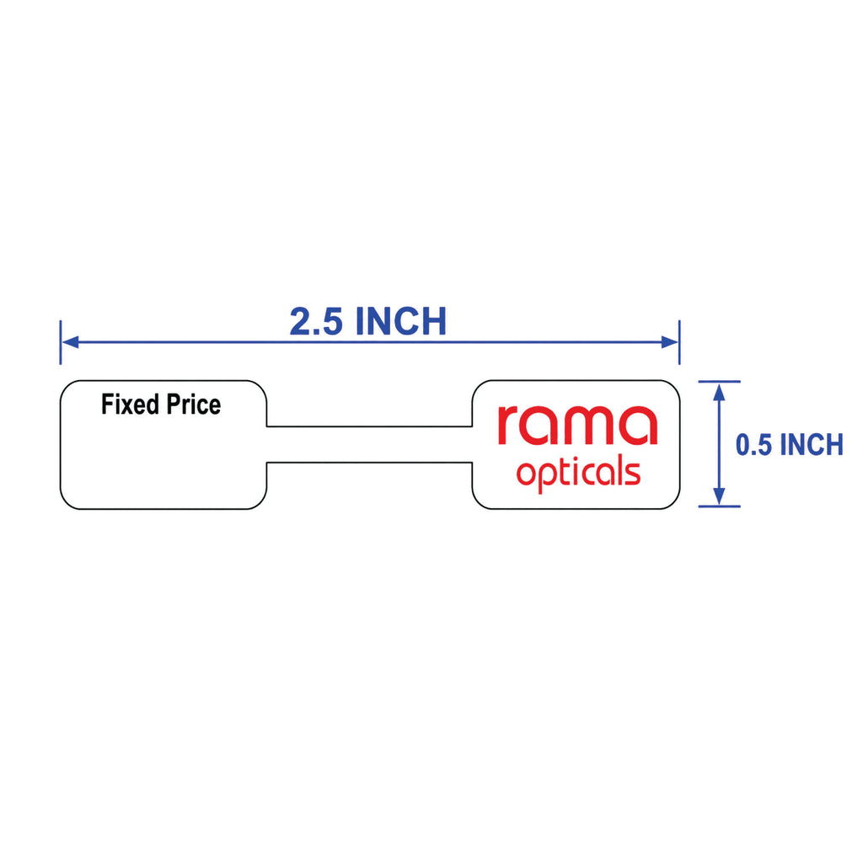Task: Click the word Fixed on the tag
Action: pos(130,405)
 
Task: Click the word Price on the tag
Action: pos(194,405)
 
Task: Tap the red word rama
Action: pos(577,426)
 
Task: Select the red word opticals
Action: pos(578,474)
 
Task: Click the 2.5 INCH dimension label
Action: pos(368,321)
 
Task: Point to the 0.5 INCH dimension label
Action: pos(789,445)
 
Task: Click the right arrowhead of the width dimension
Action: pos(669,342)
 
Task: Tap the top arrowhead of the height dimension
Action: pos(719,392)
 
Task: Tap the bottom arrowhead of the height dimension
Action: pos(719,496)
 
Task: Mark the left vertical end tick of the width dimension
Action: pos(61,342)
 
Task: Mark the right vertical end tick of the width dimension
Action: pos(680,342)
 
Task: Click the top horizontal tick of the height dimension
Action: pos(720,382)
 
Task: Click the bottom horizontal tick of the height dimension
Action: pos(720,507)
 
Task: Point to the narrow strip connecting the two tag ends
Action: pos(369,445)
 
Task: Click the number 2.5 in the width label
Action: pos(316,321)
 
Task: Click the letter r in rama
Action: pos(508,426)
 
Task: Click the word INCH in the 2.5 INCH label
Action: pos(401,321)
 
